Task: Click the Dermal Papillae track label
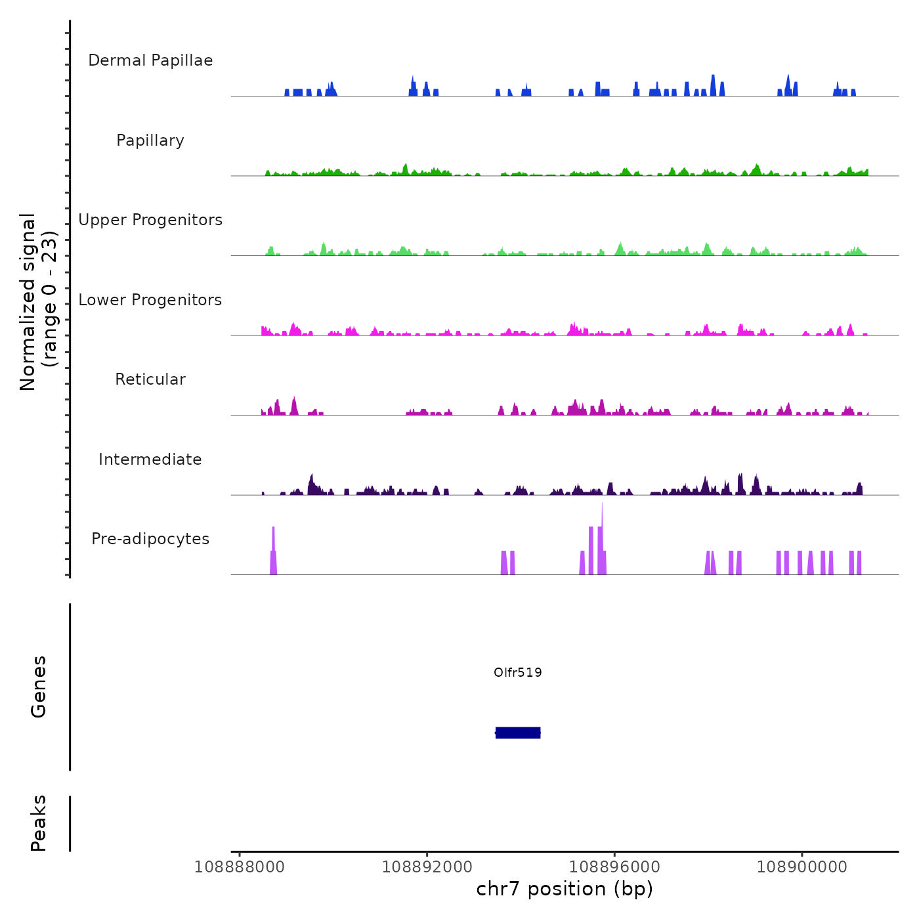[x=150, y=60]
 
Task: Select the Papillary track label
[x=150, y=140]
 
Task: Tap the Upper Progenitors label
[x=150, y=220]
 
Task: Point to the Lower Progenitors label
[x=150, y=300]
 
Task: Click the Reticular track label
[x=150, y=379]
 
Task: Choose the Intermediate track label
[x=150, y=460]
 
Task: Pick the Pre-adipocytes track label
[x=150, y=539]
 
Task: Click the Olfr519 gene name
[x=518, y=672]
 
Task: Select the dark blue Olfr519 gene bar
[x=518, y=733]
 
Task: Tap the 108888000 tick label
[x=240, y=867]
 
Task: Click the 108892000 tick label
[x=427, y=867]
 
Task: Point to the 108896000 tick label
[x=614, y=867]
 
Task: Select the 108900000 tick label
[x=802, y=867]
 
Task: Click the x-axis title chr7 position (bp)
[x=565, y=889]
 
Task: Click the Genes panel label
[x=39, y=687]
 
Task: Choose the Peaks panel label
[x=39, y=823]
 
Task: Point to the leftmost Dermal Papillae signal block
[x=287, y=93]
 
